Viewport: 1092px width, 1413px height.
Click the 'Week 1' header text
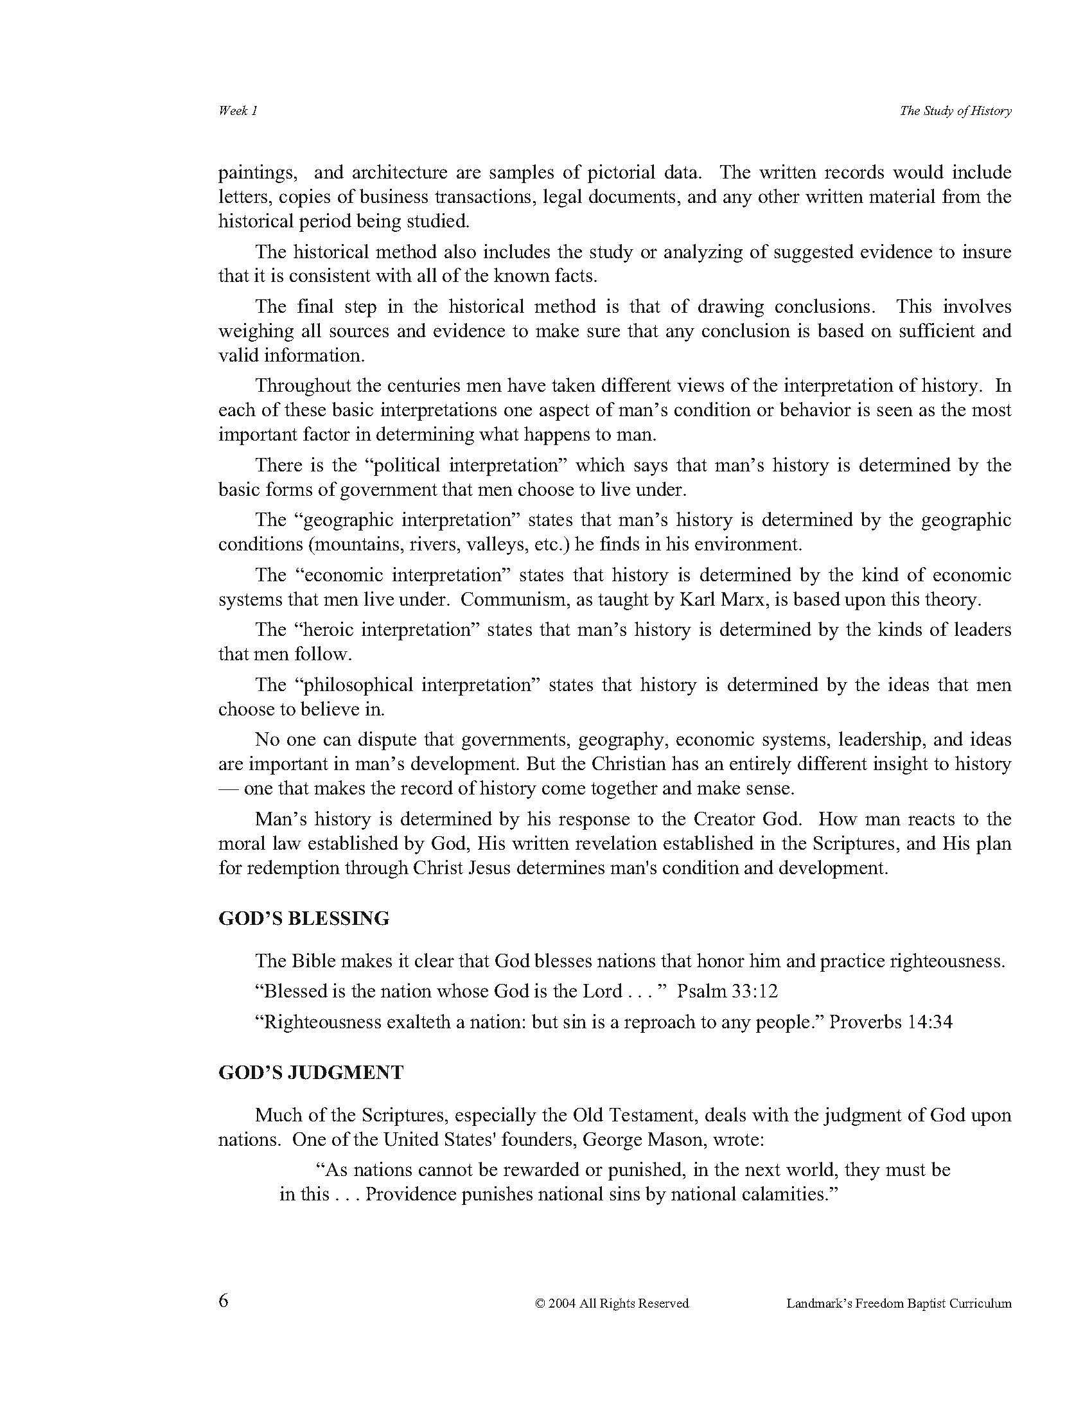(x=238, y=110)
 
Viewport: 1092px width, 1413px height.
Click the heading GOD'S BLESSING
(x=304, y=918)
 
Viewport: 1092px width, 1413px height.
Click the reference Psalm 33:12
(x=727, y=991)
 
